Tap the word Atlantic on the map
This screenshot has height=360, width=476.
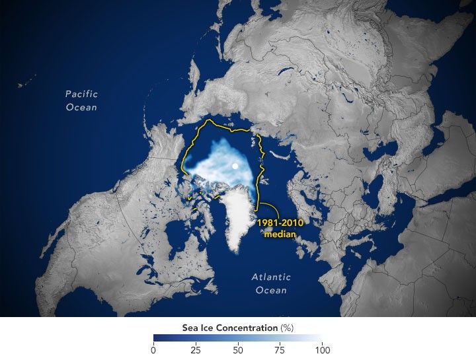[271, 277]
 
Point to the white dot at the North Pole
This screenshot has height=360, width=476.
[235, 166]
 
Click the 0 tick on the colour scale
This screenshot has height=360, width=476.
[153, 349]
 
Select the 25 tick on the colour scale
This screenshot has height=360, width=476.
[195, 349]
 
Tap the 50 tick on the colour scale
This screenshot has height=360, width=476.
[237, 349]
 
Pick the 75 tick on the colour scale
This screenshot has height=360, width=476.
[280, 349]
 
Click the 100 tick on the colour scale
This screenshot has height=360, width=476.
[321, 349]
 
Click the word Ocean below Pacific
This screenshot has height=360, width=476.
[81, 107]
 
